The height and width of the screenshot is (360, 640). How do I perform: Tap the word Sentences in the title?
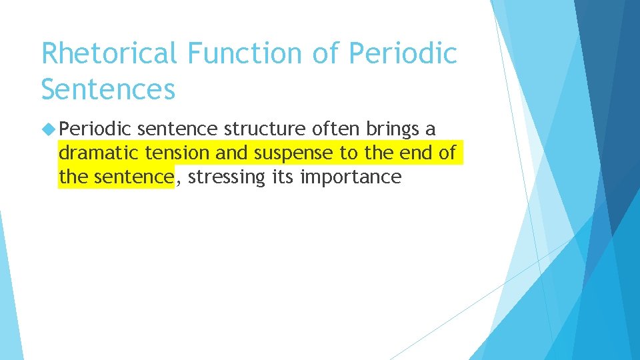(108, 88)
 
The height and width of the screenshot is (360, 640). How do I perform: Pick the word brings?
(392, 129)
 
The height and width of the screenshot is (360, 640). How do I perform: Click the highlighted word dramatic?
(99, 153)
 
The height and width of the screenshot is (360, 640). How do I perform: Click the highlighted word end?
(413, 153)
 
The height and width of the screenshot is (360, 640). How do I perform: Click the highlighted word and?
(232, 153)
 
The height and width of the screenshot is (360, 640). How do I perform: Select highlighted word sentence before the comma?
(133, 177)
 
